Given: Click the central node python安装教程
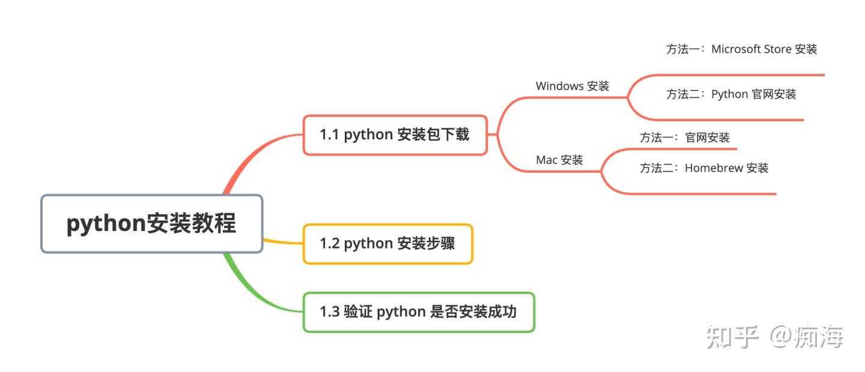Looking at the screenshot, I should pos(151,223).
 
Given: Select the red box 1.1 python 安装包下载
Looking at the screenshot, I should pos(395,135).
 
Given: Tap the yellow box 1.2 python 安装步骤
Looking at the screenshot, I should pos(387,244).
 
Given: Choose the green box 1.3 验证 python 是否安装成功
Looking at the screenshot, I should pos(418,312).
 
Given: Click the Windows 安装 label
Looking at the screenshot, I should pos(572,86).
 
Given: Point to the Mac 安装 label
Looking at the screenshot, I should pos(559,160).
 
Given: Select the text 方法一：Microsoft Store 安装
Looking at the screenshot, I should pos(741,49).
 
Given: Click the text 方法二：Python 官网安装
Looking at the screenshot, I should pos(730,94).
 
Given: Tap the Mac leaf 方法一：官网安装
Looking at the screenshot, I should pos(684,137).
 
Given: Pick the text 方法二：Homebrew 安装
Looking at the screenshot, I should pos(703,168).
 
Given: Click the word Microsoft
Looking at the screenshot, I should pos(735,49).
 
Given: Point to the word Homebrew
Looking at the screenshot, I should pos(714,168).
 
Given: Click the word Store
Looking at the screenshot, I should pos(777,49).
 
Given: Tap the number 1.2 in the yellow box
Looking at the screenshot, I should pos(329,244).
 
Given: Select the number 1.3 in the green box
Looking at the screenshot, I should pos(329,312).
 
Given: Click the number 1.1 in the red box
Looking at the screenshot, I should pos(329,135).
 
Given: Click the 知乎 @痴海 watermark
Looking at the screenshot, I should pos(775,337).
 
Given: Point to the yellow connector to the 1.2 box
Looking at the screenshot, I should pos(282,242).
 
